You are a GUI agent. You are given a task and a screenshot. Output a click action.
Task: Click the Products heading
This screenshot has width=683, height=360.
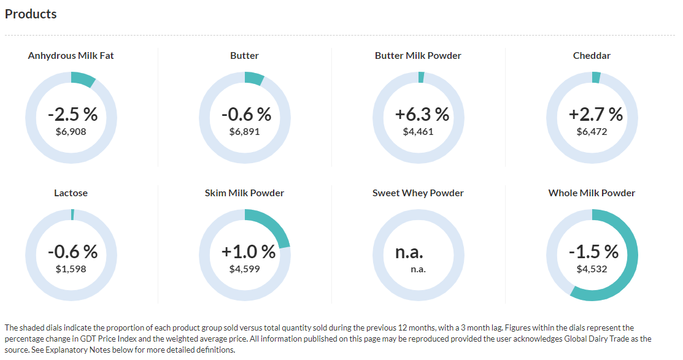coord(31,13)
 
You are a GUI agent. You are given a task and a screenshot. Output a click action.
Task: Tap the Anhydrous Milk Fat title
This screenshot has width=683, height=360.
coord(71,56)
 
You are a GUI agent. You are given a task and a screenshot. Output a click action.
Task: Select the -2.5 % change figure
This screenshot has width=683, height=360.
coord(72,114)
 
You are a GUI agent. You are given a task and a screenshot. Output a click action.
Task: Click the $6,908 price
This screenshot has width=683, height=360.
coord(71,131)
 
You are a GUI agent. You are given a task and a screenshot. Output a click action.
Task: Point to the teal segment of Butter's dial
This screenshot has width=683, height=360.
coord(253,78)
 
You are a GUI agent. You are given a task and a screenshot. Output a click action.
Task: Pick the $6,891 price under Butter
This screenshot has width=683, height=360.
coord(244,131)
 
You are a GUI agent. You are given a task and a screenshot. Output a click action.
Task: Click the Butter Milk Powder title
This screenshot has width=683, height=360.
coord(418,56)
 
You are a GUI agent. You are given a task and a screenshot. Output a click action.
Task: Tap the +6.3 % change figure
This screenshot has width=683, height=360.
coord(422,114)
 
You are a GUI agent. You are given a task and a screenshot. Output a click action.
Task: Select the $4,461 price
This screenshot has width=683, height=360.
coord(418,131)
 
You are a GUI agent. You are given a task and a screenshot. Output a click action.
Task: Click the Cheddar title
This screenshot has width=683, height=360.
coord(592,56)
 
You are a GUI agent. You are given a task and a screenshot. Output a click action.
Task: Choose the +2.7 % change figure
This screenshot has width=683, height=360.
coord(596,114)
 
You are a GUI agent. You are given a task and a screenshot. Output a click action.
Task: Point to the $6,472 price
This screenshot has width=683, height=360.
coord(592,131)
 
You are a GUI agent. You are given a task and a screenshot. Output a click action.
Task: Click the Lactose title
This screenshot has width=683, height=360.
coord(71,193)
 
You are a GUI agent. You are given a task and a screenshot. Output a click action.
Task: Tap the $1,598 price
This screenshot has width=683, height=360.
coord(71,269)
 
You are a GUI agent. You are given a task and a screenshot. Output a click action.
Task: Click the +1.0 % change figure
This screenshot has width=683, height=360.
coord(249,251)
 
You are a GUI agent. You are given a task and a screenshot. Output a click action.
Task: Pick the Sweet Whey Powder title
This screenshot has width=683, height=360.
coord(418,193)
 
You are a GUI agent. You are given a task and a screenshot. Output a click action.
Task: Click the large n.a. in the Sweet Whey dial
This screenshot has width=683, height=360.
coord(409,251)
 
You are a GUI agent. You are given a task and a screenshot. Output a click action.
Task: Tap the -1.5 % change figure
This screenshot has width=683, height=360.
coord(593,251)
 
